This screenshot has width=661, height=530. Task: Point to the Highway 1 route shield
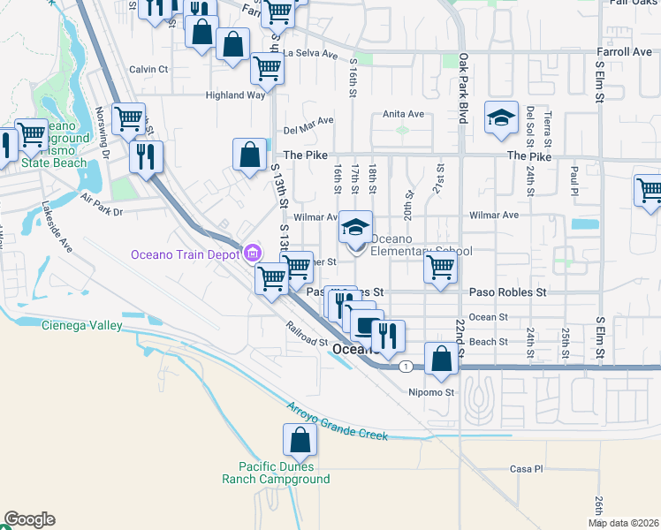click(x=405, y=366)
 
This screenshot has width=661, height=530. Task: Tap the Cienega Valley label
click(x=82, y=325)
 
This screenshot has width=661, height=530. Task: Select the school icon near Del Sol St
click(x=501, y=118)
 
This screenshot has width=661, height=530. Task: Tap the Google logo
click(x=29, y=519)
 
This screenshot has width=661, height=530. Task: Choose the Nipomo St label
click(x=430, y=391)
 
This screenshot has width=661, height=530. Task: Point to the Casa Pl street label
click(x=525, y=468)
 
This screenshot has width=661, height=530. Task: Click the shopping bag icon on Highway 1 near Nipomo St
click(x=441, y=359)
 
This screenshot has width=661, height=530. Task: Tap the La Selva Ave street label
click(x=311, y=54)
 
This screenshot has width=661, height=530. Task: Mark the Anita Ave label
click(x=403, y=114)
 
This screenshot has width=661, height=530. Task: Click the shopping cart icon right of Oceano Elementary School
click(x=440, y=266)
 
